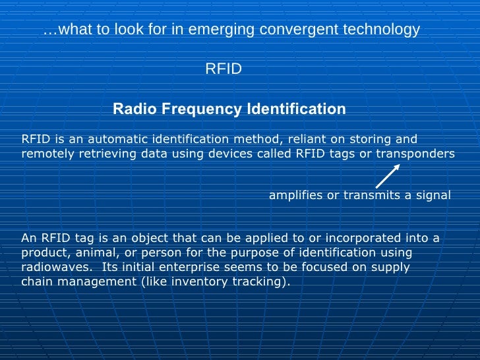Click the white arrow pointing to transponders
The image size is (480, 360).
pos(388,176)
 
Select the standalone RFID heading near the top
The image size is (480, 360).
pos(224,69)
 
